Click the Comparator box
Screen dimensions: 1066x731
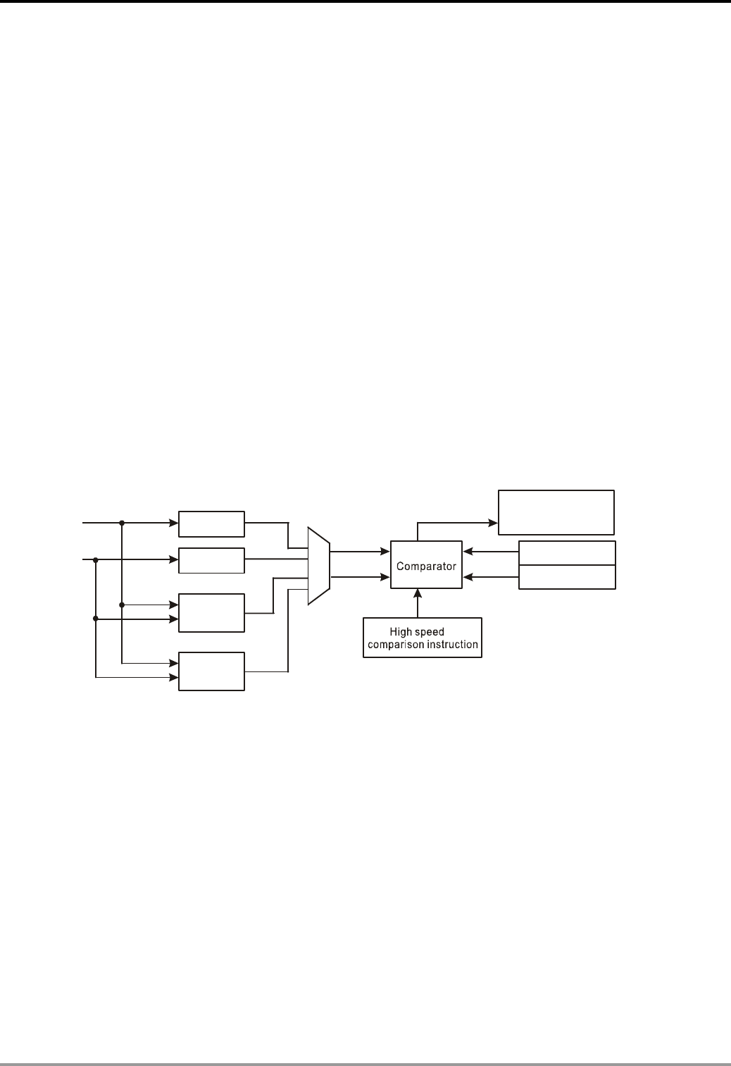426,565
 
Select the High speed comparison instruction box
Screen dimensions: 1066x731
423,638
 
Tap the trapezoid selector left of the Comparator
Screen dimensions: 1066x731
318,565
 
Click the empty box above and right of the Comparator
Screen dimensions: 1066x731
556,512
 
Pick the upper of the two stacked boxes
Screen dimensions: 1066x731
567,553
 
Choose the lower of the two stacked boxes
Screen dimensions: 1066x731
567,577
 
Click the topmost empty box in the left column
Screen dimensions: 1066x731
211,523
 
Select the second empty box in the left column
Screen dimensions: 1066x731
211,560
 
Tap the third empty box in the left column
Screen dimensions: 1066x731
211,612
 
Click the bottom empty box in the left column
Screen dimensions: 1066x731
211,671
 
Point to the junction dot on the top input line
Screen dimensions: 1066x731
122,523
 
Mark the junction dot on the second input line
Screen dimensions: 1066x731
95,559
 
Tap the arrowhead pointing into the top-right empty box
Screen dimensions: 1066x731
494,523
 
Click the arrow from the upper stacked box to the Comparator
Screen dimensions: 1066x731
490,552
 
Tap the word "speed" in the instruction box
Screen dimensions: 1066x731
430,632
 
